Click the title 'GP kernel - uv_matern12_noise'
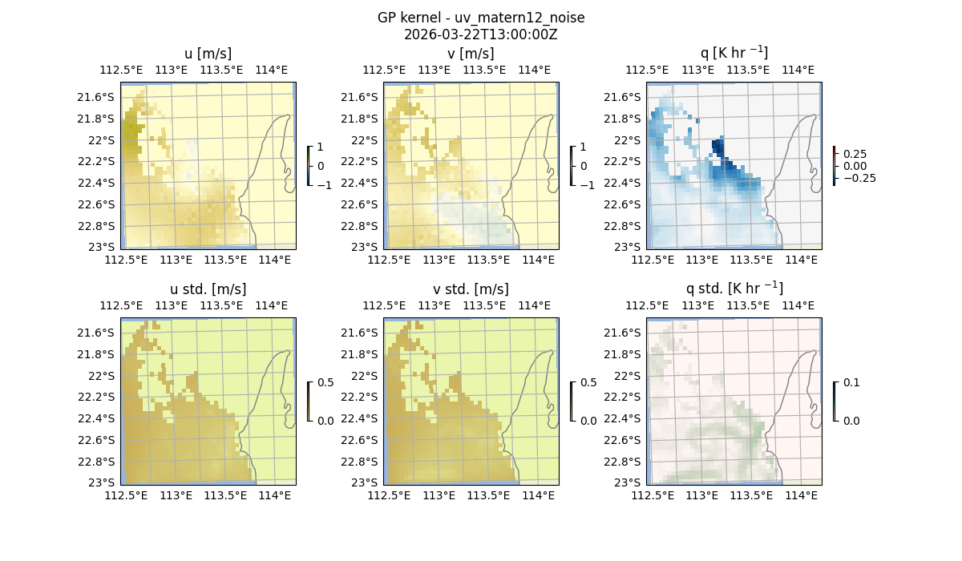(480, 18)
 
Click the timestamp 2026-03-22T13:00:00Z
(480, 34)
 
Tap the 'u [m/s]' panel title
(208, 54)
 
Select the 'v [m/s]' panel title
(471, 54)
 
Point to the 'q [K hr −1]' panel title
(734, 53)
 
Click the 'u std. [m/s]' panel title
(208, 289)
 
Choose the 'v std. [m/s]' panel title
(471, 289)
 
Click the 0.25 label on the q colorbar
(854, 154)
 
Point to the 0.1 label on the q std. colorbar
(851, 383)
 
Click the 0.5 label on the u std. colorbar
(325, 383)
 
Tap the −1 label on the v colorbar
(587, 185)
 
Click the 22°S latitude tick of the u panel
(101, 140)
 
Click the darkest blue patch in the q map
(718, 149)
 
